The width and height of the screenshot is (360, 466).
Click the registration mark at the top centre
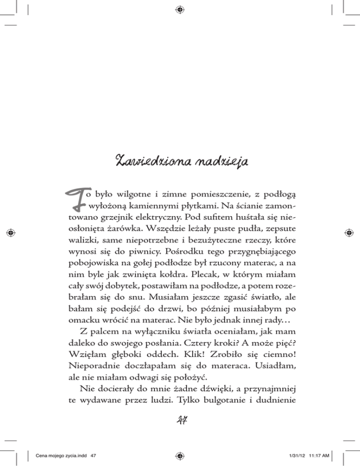click(180, 8)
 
